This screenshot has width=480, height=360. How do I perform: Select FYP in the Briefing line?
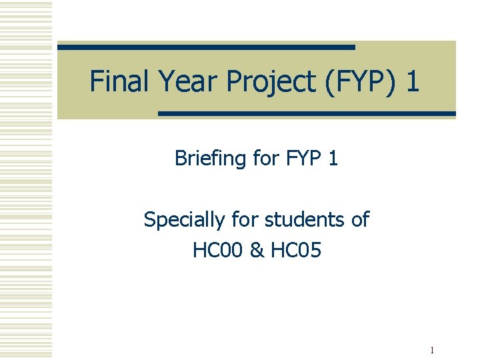click(302, 158)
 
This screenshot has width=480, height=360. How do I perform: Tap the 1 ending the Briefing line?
click(333, 158)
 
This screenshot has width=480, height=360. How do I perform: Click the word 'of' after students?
click(359, 219)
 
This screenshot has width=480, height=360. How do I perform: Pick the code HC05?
click(294, 250)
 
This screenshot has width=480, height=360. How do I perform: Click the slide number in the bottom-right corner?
click(433, 350)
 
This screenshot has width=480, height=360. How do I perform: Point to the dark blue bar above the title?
click(206, 47)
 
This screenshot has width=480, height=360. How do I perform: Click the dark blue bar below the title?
click(307, 114)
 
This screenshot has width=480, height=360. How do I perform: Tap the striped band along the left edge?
click(26, 180)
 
